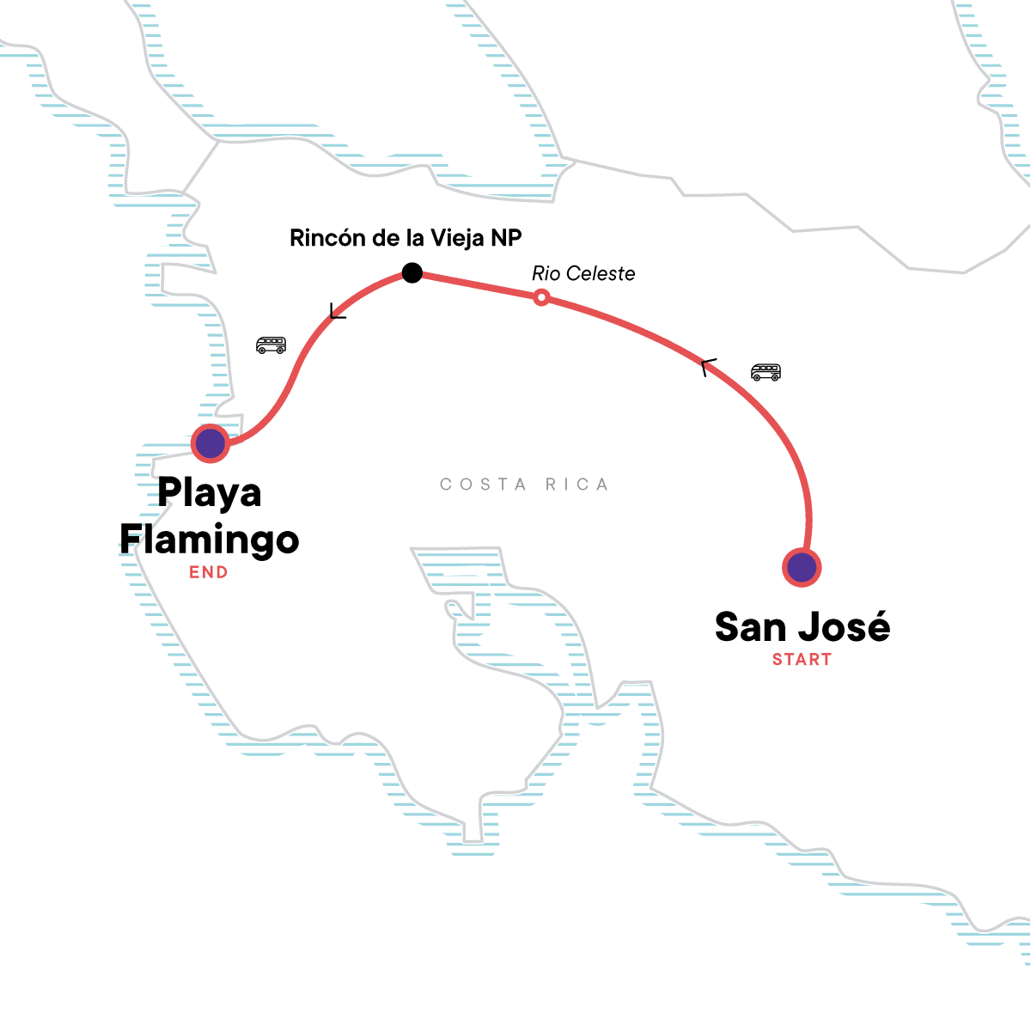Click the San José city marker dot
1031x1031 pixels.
click(x=802, y=567)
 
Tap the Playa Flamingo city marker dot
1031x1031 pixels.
click(x=210, y=443)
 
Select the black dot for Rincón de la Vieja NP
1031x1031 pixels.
click(x=412, y=273)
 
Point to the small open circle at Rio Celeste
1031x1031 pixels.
click(x=541, y=297)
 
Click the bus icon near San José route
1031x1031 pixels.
click(x=766, y=372)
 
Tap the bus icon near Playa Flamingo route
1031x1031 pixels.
click(x=271, y=345)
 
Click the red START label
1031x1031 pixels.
click(x=802, y=660)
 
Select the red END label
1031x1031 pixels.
click(x=209, y=572)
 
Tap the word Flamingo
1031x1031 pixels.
click(x=210, y=540)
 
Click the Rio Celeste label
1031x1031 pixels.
click(x=583, y=274)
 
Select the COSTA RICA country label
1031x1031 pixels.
click(x=524, y=485)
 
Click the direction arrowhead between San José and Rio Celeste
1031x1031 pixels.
click(x=706, y=367)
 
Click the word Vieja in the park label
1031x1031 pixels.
click(x=456, y=238)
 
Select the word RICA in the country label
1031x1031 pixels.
click(x=577, y=485)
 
